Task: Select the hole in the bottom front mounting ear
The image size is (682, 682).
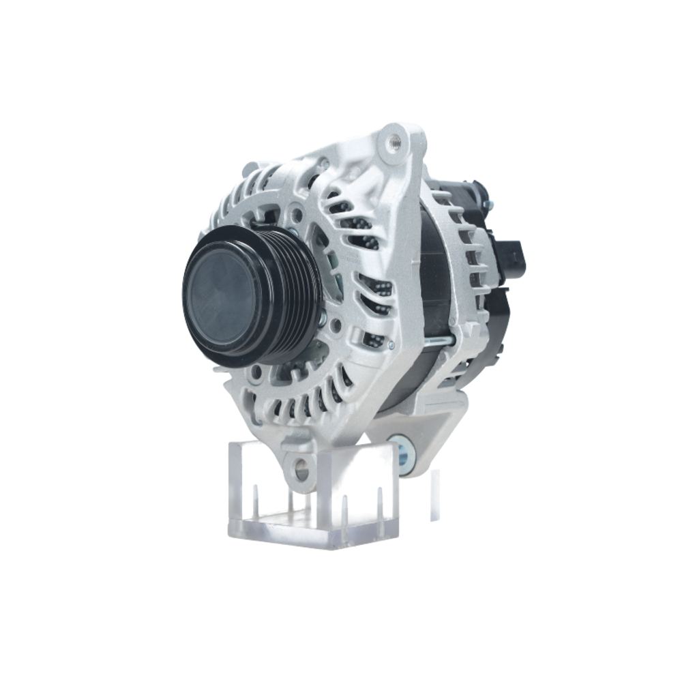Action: [x=299, y=469]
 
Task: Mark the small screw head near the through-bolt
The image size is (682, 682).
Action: [x=391, y=345]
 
